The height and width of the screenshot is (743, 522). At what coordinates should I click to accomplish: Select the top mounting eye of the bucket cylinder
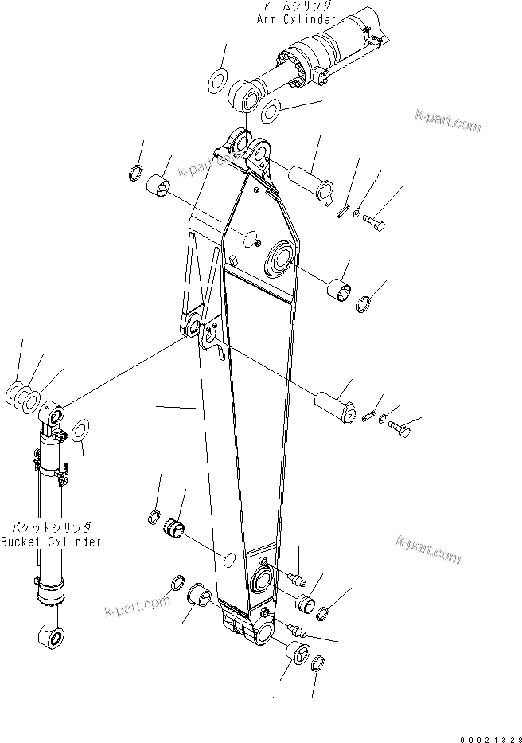pos(53,415)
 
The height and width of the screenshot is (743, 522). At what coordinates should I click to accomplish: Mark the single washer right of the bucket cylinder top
pos(80,432)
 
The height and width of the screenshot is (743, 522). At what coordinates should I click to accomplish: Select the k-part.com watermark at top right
pos(448,120)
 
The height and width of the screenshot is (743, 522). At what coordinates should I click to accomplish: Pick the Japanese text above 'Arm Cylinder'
pos(296,6)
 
